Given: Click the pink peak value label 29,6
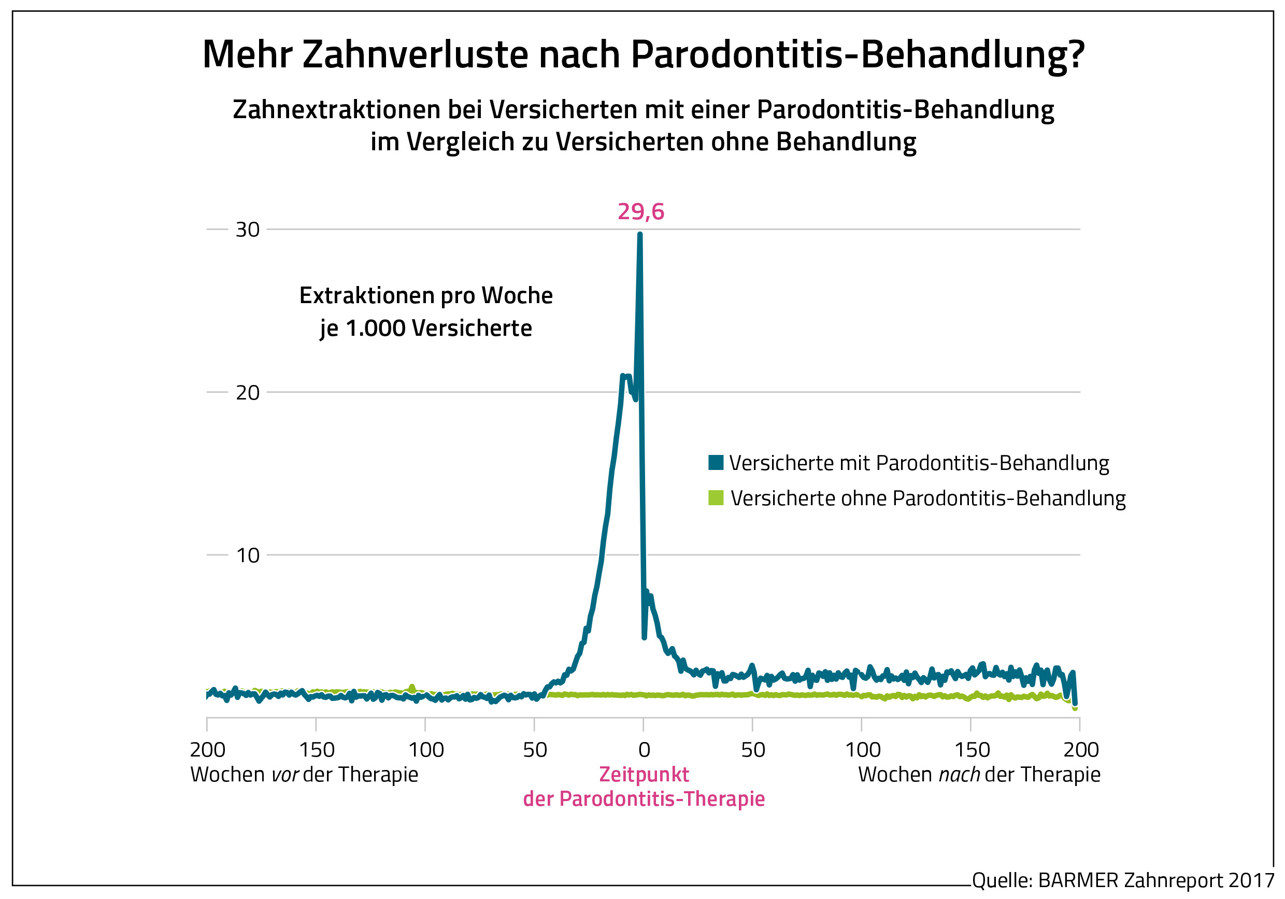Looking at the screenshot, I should pyautogui.click(x=640, y=211).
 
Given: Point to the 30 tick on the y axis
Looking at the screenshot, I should pyautogui.click(x=247, y=230).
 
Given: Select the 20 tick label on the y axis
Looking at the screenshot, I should pyautogui.click(x=247, y=392).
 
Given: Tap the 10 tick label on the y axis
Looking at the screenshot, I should pyautogui.click(x=247, y=555).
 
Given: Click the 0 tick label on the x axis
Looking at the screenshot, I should pyautogui.click(x=644, y=750).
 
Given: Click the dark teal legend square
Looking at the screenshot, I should pyautogui.click(x=715, y=462).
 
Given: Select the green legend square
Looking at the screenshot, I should pyautogui.click(x=715, y=497).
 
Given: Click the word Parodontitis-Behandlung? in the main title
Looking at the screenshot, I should pyautogui.click(x=858, y=55).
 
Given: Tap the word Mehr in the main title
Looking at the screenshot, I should pyautogui.click(x=247, y=54).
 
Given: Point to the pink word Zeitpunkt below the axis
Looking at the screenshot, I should pyautogui.click(x=644, y=774).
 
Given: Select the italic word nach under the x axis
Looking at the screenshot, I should pyautogui.click(x=959, y=775).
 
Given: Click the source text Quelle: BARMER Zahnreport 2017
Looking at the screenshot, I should pyautogui.click(x=1123, y=880).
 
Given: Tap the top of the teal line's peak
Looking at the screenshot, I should pyautogui.click(x=640, y=235).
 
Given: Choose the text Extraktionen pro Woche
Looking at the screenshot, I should pyautogui.click(x=426, y=295).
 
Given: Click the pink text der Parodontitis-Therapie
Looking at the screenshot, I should pyautogui.click(x=644, y=799).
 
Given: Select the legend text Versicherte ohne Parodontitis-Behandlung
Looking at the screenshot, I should pyautogui.click(x=927, y=497).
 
